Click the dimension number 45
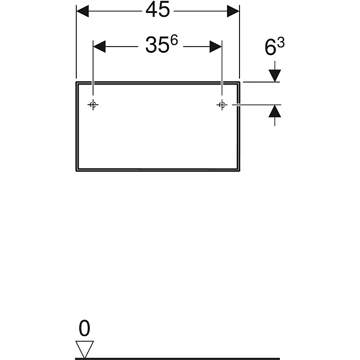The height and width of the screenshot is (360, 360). pyautogui.click(x=158, y=10)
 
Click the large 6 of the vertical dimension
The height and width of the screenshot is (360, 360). pyautogui.click(x=270, y=47)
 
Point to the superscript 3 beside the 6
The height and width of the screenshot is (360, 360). pyautogui.click(x=281, y=43)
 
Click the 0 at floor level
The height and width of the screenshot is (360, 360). pyautogui.click(x=84, y=328)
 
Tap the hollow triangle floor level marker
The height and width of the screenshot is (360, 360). pyautogui.click(x=84, y=349)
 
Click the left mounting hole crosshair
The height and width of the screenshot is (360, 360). pyautogui.click(x=93, y=105)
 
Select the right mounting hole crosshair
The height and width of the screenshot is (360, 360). pyautogui.click(x=222, y=105)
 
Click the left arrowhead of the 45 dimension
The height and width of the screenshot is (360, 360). pyautogui.click(x=83, y=11)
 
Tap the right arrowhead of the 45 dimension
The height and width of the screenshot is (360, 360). pyautogui.click(x=233, y=11)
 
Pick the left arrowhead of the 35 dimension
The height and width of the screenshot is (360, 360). pyautogui.click(x=99, y=47)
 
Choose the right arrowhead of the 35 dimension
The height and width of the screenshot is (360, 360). pyautogui.click(x=216, y=47)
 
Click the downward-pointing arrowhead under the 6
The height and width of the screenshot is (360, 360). pyautogui.click(x=275, y=75)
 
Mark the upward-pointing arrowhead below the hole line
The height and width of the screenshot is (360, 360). pyautogui.click(x=275, y=111)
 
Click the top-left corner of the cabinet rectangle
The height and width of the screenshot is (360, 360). pyautogui.click(x=76, y=82)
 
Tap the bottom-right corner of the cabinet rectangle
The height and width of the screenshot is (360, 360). pyautogui.click(x=240, y=171)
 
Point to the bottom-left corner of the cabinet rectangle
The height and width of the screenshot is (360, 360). pyautogui.click(x=76, y=171)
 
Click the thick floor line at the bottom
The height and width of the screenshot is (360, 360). pyautogui.click(x=178, y=359)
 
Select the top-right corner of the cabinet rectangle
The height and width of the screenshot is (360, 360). pyautogui.click(x=240, y=82)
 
